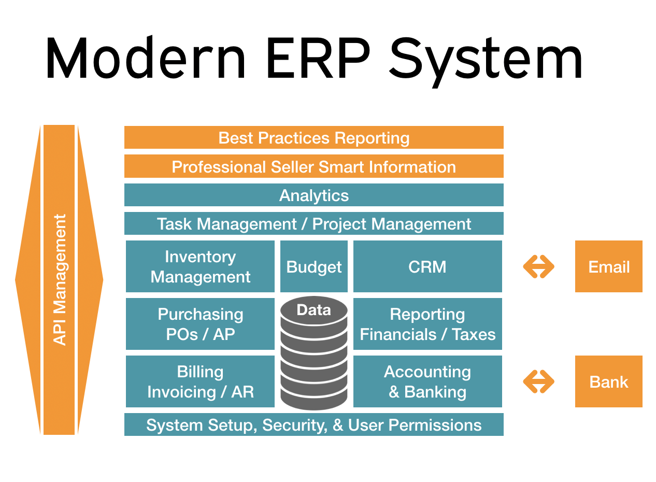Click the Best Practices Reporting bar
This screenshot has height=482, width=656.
(x=313, y=137)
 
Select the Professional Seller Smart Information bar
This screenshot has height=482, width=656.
(x=313, y=166)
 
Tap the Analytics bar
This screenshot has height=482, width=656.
(x=313, y=195)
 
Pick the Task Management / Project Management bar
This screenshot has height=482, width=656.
(x=313, y=223)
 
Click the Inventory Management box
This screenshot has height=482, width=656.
(x=201, y=266)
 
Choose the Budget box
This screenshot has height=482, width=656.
(x=314, y=266)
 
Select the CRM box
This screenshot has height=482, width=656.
(x=427, y=266)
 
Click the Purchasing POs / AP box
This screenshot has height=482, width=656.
(x=201, y=324)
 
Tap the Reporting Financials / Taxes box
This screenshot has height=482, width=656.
(x=427, y=324)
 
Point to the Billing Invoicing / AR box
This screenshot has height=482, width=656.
(x=201, y=381)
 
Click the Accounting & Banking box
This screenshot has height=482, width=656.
(x=427, y=381)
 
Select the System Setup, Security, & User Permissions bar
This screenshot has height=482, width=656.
(x=313, y=424)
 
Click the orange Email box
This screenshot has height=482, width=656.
(x=608, y=266)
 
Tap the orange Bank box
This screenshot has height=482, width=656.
(x=608, y=381)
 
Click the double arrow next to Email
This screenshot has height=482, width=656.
(x=538, y=266)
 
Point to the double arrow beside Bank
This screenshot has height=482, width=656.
(x=538, y=381)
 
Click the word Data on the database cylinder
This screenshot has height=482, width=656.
(x=313, y=310)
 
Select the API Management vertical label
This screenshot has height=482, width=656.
(x=60, y=280)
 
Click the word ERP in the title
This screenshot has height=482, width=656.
(x=318, y=58)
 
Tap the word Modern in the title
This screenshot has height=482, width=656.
(x=146, y=57)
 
